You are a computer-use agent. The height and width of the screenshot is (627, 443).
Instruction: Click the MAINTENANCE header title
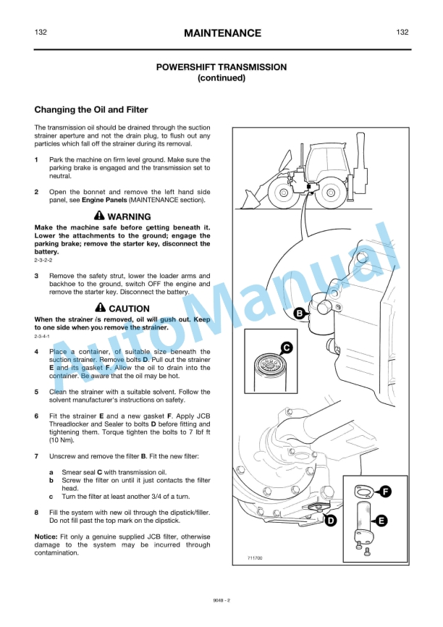tap(221, 33)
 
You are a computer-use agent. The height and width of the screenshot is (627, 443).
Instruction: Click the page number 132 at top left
tap(41, 33)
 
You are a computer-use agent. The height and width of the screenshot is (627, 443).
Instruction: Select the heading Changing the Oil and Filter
tap(91, 110)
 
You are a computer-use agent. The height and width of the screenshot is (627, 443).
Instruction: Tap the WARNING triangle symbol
tap(99, 216)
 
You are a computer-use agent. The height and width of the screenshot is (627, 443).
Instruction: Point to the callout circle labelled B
tap(299, 313)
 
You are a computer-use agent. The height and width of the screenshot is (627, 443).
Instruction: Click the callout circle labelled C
tap(286, 348)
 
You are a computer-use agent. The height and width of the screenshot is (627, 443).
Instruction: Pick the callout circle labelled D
tap(329, 520)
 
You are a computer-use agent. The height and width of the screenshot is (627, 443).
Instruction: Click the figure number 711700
tap(254, 559)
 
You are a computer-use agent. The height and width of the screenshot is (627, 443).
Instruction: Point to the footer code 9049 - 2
tap(221, 600)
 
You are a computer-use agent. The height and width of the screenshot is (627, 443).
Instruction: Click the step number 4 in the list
tap(37, 352)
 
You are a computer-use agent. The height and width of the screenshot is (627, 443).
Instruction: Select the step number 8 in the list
tap(37, 513)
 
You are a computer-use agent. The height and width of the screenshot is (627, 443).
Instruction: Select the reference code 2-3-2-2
tap(43, 260)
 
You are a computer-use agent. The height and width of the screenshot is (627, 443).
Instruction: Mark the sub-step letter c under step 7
tap(51, 497)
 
